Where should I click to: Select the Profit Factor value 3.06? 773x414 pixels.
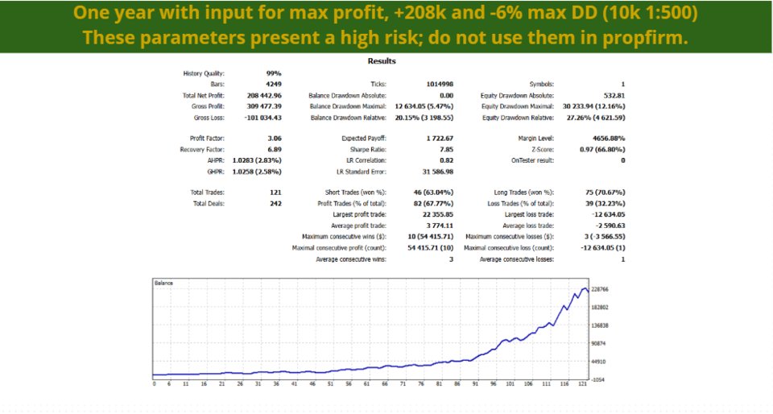[x=275, y=138]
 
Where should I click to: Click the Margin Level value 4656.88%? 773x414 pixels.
[x=606, y=138]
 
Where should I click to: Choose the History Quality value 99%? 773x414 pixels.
[x=274, y=72]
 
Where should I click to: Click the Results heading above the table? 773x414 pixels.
[x=382, y=60]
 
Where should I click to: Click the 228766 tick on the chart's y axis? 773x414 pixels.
[x=598, y=289]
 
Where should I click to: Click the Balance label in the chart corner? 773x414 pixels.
[x=164, y=284]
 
